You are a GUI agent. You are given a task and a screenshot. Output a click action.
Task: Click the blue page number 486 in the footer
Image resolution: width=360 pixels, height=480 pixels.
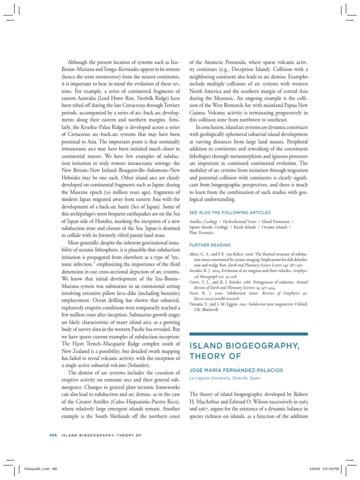52,435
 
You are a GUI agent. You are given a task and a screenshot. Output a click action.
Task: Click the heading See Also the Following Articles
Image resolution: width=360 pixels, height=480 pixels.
223,212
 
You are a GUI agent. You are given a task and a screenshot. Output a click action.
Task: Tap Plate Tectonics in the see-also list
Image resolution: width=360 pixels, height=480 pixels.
201,232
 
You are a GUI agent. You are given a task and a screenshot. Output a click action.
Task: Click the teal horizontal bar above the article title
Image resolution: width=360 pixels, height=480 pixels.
248,334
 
